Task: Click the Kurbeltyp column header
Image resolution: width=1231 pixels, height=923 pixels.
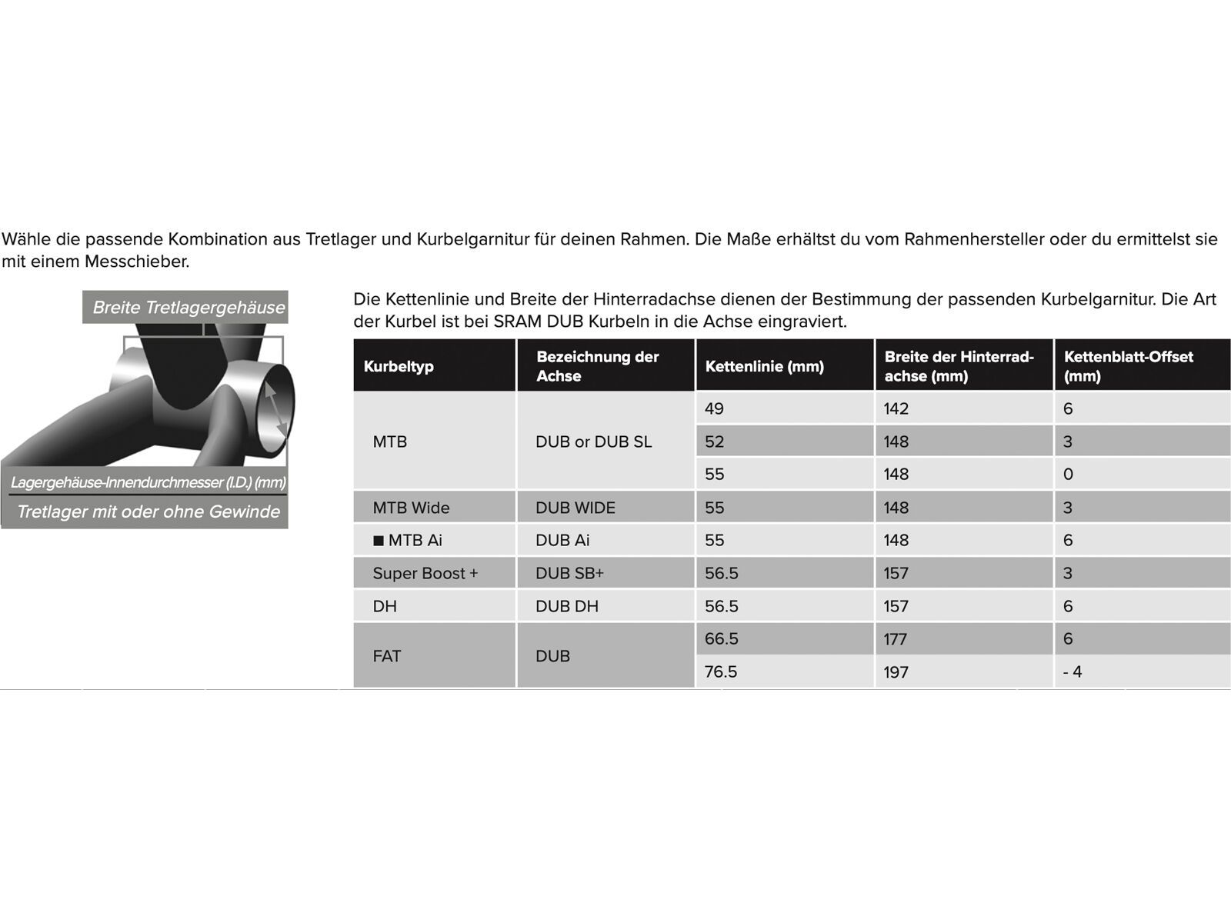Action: [x=399, y=366]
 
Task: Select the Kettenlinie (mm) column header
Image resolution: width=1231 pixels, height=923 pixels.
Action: [x=764, y=366]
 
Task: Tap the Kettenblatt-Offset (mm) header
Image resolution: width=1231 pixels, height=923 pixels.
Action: [x=1128, y=366]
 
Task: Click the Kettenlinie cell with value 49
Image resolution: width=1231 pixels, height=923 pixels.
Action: [x=714, y=408]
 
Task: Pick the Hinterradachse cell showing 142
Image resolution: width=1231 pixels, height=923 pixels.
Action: [x=896, y=408]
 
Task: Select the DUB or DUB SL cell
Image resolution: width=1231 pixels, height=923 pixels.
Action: [x=593, y=442]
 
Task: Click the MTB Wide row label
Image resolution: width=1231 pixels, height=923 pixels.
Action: [x=411, y=508]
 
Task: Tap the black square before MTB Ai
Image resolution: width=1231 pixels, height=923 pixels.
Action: [x=378, y=541]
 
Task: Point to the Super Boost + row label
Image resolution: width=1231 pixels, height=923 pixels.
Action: [x=425, y=573]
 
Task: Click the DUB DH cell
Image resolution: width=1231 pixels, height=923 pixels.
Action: [x=566, y=606]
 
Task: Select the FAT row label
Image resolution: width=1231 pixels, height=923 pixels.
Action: [x=386, y=656]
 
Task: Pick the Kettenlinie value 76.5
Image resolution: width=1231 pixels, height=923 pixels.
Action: [x=721, y=671]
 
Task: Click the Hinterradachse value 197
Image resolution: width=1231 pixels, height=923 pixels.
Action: [x=896, y=671]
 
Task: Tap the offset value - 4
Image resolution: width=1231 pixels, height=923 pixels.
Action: [x=1073, y=671]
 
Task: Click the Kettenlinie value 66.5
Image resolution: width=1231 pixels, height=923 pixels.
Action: [x=721, y=638]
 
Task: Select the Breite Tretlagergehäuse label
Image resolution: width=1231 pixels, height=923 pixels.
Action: [x=188, y=308]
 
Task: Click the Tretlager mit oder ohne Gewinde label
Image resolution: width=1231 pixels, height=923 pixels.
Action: [x=148, y=512]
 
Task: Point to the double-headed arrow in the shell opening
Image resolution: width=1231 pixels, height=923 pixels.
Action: [x=276, y=409]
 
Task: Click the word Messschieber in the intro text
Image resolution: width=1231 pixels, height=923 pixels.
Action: [x=136, y=262]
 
